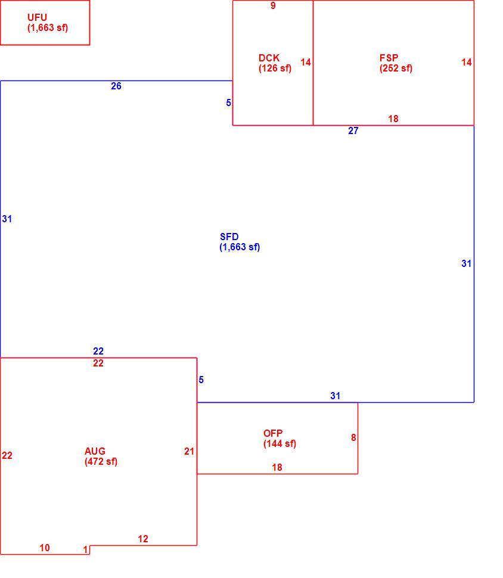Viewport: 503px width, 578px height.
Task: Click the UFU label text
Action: pos(37,17)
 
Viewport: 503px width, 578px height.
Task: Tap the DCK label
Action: pos(269,58)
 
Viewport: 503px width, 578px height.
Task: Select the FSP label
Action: pos(389,58)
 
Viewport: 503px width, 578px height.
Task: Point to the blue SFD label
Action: pos(229,237)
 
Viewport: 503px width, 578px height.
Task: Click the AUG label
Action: pos(95,451)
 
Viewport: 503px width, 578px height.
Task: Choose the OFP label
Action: pos(273,434)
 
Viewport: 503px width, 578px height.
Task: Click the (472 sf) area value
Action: pos(101,462)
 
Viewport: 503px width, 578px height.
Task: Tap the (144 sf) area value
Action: pos(280,444)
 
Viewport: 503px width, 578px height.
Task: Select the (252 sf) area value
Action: pos(396,68)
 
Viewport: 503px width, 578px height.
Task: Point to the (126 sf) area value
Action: pos(275,68)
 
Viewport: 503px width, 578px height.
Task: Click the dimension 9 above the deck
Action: pos(273,5)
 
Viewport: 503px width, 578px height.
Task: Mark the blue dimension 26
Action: pos(116,86)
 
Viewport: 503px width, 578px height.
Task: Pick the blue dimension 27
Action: pos(353,131)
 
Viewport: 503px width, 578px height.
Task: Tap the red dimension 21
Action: pos(189,451)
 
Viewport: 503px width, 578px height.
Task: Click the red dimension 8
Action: pos(353,437)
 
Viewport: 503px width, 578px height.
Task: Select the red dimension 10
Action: pos(45,548)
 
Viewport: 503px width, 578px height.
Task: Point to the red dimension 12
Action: pos(143,539)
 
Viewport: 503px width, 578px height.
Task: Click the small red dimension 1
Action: pos(86,549)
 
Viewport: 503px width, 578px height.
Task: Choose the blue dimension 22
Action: pos(98,351)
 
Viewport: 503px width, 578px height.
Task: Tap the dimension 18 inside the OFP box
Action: pos(277,467)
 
